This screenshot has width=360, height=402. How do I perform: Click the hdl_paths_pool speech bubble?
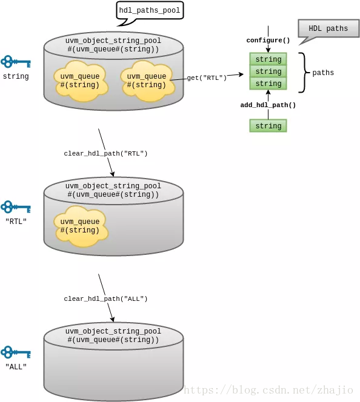tap(150, 11)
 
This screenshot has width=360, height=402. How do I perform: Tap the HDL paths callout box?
tap(328, 28)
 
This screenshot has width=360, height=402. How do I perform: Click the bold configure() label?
tap(268, 40)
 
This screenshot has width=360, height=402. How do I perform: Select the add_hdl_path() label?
tap(268, 105)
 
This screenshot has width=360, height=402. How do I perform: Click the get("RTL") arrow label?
tap(207, 77)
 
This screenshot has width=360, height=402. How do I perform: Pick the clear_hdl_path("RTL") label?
tap(105, 153)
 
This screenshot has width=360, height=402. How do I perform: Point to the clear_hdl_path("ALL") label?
tap(105, 298)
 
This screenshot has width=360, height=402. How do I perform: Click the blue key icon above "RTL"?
tap(16, 207)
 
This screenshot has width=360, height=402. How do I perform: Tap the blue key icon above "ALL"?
tap(16, 352)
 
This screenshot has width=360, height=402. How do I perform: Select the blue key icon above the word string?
tap(16, 62)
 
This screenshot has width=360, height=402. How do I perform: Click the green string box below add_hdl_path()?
tap(268, 126)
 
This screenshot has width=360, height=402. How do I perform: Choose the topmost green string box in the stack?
tap(268, 59)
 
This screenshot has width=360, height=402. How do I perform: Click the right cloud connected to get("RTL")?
tap(147, 81)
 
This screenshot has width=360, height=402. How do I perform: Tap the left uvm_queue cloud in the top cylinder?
tap(81, 81)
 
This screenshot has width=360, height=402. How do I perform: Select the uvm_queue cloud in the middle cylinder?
tap(81, 226)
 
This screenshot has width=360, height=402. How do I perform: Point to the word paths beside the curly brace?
tap(323, 73)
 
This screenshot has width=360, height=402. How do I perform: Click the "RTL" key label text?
tap(16, 221)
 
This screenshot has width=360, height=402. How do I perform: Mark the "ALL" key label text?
tap(16, 367)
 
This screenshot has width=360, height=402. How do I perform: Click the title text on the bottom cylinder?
tap(113, 335)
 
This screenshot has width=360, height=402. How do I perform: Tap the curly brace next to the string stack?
tap(304, 73)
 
